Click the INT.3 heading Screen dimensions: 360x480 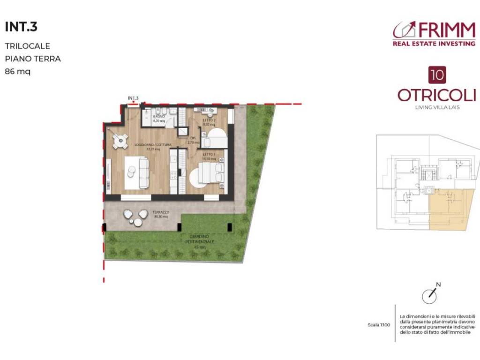point(21,27)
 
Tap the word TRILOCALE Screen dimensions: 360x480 point(27,46)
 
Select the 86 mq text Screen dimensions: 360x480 point(17,72)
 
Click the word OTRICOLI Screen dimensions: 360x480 point(436,95)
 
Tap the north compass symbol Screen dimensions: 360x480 point(429,295)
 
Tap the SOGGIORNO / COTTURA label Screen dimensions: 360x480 point(152,145)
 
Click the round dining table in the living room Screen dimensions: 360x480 point(120,140)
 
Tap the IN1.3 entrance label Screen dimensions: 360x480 point(133,98)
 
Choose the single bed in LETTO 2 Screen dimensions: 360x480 point(217,138)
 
